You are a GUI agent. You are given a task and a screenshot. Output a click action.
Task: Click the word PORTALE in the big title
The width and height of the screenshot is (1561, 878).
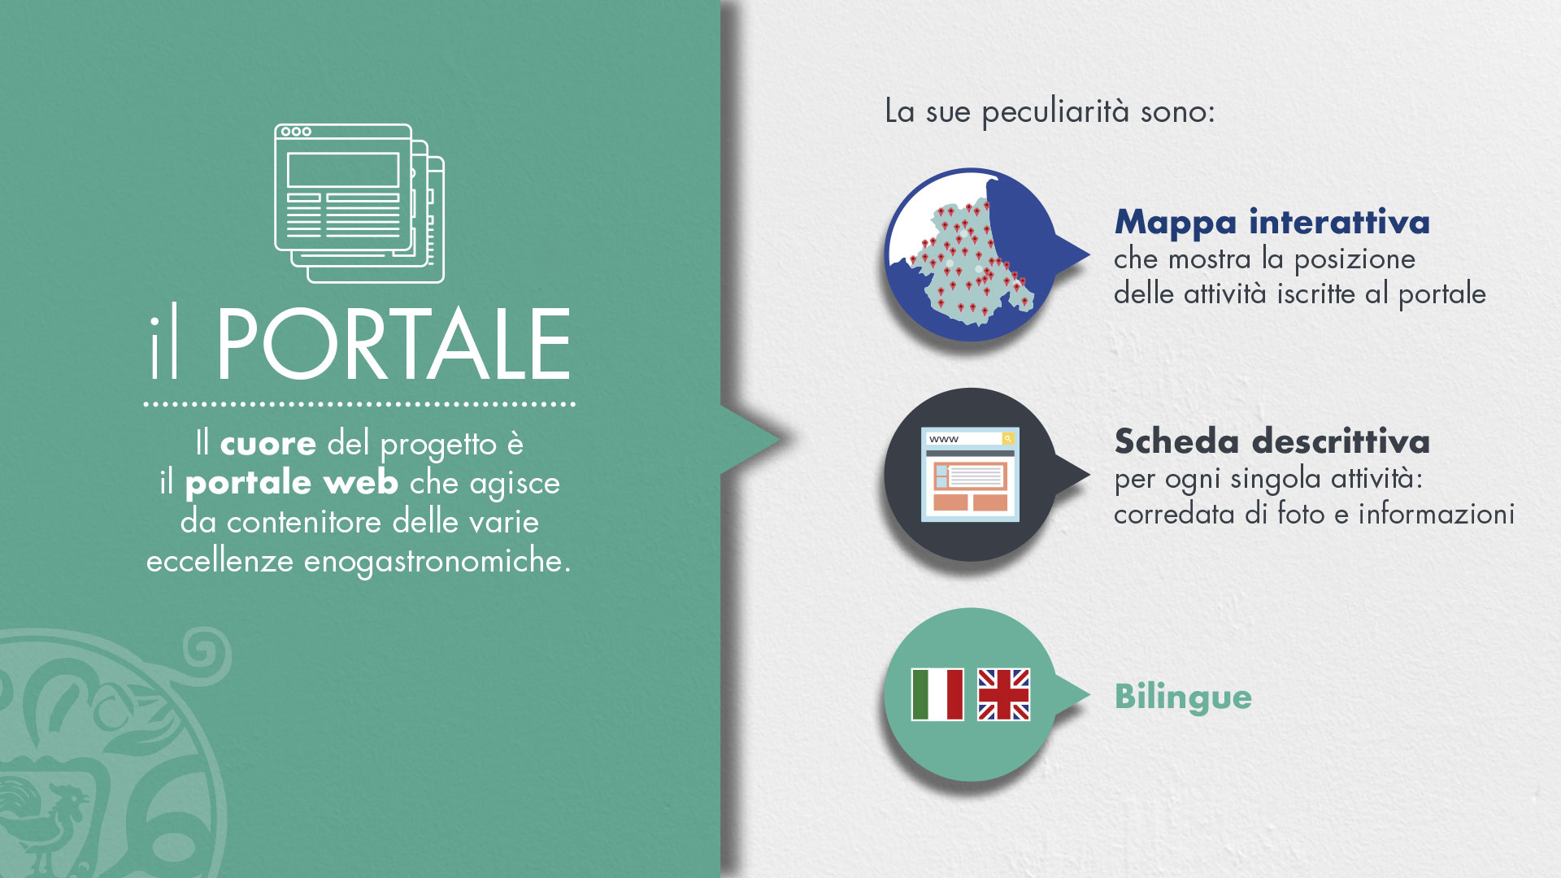coord(394,344)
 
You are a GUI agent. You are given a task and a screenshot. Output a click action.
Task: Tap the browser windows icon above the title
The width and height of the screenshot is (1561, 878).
coord(359,203)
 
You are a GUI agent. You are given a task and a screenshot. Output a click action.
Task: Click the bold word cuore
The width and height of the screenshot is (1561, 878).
coord(268,444)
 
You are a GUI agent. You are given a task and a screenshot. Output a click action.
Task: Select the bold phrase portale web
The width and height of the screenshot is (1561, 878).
coord(292,484)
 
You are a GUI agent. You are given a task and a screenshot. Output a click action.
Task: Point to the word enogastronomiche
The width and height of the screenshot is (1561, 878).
coord(437,562)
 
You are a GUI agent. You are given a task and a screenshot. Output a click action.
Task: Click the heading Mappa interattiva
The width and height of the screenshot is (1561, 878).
coord(1272,222)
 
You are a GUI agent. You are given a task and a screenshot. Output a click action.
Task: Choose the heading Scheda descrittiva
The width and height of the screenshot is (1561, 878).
coord(1272,441)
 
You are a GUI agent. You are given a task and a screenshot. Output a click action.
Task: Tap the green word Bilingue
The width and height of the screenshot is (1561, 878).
coord(1183,698)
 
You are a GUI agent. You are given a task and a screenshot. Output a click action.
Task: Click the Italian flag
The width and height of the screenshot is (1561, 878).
coord(937,695)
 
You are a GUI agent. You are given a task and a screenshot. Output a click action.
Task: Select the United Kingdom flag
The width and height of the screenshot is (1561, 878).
coord(1003,695)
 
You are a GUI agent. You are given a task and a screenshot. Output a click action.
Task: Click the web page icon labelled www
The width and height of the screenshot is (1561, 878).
coord(970,475)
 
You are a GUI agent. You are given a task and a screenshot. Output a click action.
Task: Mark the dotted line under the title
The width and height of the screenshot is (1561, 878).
coord(359,403)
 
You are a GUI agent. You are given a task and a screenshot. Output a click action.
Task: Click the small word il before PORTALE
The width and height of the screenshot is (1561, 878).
coord(163,344)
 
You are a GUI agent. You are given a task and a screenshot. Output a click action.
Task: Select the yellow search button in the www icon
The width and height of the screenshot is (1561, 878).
coord(1008,439)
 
